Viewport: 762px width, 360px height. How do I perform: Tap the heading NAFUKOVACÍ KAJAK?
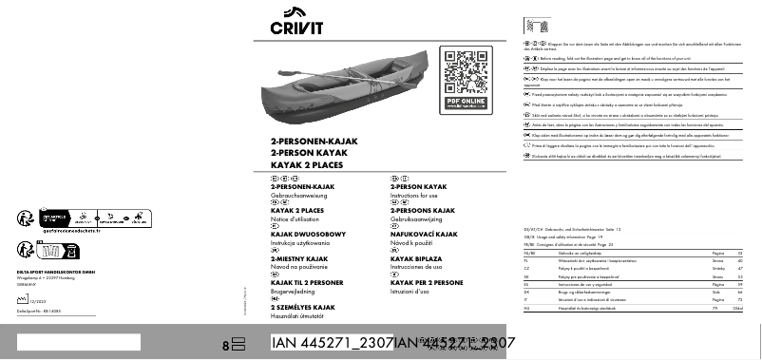[x=424, y=234]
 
